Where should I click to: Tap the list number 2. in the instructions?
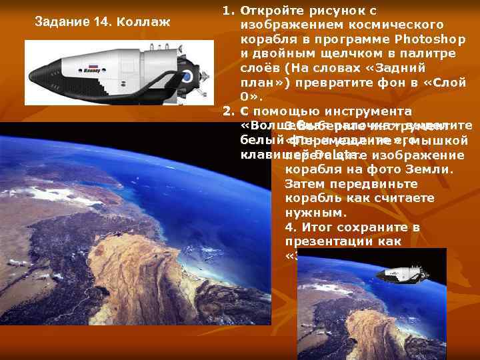227,111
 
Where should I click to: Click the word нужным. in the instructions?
315,213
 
